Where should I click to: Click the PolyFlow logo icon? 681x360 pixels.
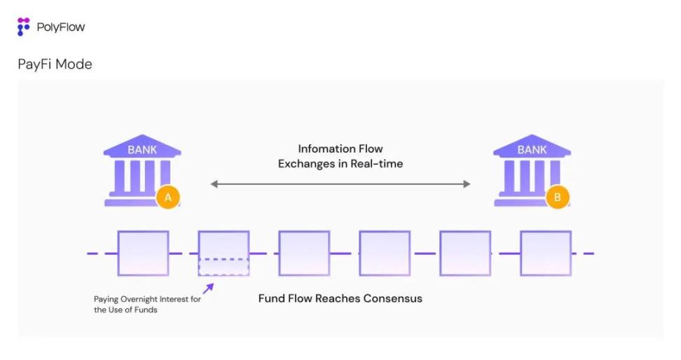(x=24, y=27)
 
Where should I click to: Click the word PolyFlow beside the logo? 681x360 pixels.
(x=61, y=27)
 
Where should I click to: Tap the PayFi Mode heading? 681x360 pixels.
(x=55, y=64)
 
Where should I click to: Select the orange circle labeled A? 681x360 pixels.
(x=167, y=198)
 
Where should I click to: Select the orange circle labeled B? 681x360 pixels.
(x=557, y=198)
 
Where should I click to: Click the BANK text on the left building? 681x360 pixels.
(x=142, y=150)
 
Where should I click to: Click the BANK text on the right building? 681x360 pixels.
(x=532, y=150)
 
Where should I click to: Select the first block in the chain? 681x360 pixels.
(x=143, y=253)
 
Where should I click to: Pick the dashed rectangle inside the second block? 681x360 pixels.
(x=223, y=267)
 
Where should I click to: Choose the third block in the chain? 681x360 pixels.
(x=304, y=253)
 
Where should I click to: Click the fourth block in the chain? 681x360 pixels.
(x=385, y=253)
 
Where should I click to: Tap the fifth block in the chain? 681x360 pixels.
(x=465, y=253)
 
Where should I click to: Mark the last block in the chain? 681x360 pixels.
(x=545, y=253)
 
